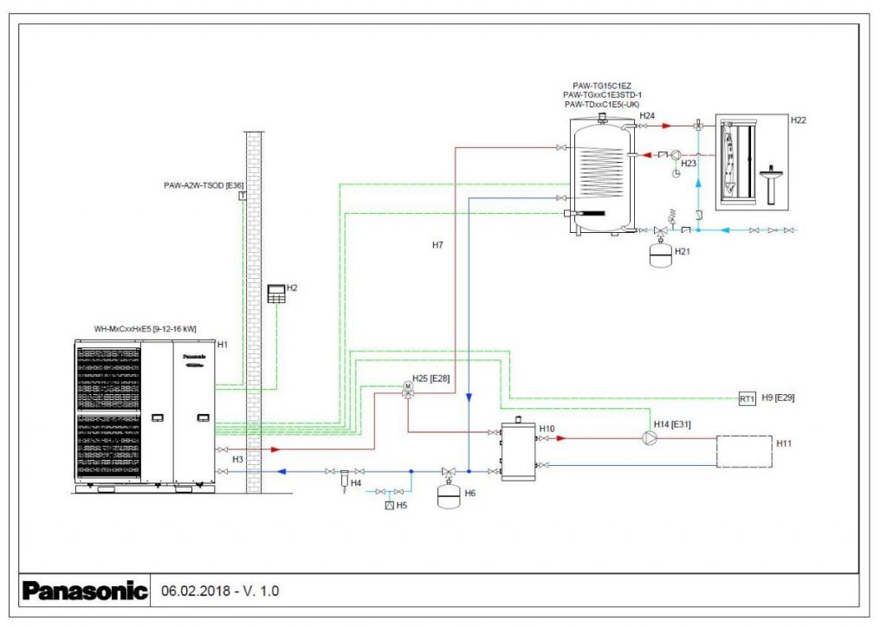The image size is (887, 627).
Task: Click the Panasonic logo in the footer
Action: pyautogui.click(x=85, y=591)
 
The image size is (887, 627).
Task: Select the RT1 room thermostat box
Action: pyautogui.click(x=748, y=399)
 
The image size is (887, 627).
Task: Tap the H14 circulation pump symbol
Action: pyautogui.click(x=650, y=438)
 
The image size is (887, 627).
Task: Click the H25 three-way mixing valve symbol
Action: pyautogui.click(x=407, y=387)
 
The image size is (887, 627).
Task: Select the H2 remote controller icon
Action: pyautogui.click(x=276, y=293)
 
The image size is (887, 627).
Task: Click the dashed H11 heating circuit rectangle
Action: pyautogui.click(x=743, y=451)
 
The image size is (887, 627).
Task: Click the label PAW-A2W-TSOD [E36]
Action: pyautogui.click(x=204, y=185)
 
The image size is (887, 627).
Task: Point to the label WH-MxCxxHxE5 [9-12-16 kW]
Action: pyautogui.click(x=146, y=329)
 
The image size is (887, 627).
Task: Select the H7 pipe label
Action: pyautogui.click(x=437, y=246)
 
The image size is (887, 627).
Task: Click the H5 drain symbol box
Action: pyautogui.click(x=390, y=505)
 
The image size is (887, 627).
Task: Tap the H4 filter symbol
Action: pyautogui.click(x=345, y=477)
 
